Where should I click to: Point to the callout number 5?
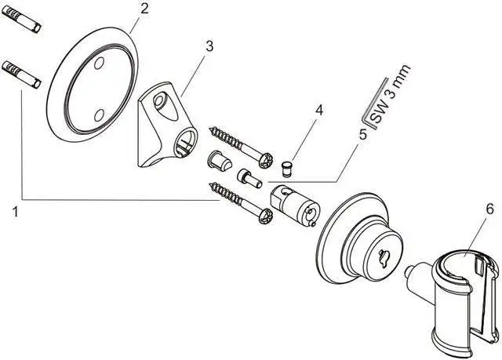(362, 134)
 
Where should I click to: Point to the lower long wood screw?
(239, 199)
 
